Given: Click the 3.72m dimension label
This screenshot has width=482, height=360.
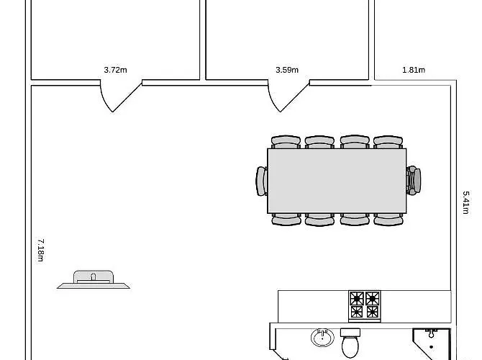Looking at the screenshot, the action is pyautogui.click(x=115, y=70).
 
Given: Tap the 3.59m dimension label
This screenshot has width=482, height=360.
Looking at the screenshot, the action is pyautogui.click(x=287, y=70).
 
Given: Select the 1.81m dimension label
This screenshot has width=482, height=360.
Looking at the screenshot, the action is pyautogui.click(x=414, y=70).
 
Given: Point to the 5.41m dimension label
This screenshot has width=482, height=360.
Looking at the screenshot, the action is pyautogui.click(x=466, y=202).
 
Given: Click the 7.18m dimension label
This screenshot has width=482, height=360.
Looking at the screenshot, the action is pyautogui.click(x=40, y=250).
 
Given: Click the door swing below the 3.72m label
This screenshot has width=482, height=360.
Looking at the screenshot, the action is pyautogui.click(x=121, y=96).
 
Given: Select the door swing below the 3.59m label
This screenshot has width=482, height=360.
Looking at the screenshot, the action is pyautogui.click(x=288, y=96).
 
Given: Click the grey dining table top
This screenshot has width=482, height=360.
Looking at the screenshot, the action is pyautogui.click(x=337, y=181).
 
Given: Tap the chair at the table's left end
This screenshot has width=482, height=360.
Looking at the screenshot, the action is pyautogui.click(x=262, y=181).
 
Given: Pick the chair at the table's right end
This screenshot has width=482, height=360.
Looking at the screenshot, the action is pyautogui.click(x=414, y=180).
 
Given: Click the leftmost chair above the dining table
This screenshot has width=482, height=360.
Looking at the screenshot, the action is pyautogui.click(x=286, y=142).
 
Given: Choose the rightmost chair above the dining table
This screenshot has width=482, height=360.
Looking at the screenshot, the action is pyautogui.click(x=388, y=142).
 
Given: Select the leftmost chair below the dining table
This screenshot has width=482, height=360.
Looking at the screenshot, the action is pyautogui.click(x=286, y=220).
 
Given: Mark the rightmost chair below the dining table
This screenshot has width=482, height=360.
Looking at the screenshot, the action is pyautogui.click(x=388, y=220).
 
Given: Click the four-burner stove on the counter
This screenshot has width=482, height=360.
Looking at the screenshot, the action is pyautogui.click(x=365, y=306).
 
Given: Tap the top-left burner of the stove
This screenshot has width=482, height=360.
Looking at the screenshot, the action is pyautogui.click(x=357, y=299).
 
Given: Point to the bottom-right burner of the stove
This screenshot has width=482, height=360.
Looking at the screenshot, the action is pyautogui.click(x=372, y=312).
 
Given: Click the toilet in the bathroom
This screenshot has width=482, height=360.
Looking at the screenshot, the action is pyautogui.click(x=350, y=343).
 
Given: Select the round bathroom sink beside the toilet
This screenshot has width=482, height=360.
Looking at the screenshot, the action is pyautogui.click(x=322, y=338).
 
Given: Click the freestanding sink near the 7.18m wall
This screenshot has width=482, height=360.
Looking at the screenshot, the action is pyautogui.click(x=94, y=279).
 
